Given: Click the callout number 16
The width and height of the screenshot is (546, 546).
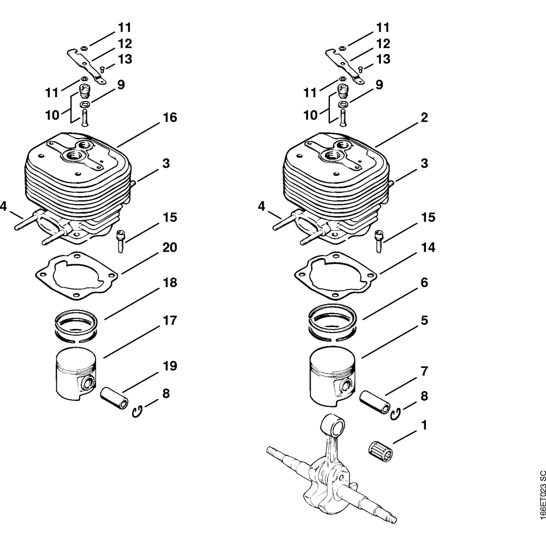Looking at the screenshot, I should (x=170, y=118).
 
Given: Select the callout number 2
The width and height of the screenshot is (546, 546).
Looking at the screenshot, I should (x=424, y=118).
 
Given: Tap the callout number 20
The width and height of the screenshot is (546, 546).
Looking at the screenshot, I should (x=170, y=248).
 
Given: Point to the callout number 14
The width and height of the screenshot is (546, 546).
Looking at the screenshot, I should (x=428, y=248).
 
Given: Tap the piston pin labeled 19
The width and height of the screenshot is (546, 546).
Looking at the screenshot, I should (x=115, y=397).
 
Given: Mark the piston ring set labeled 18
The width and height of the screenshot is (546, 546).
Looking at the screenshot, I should (x=76, y=326).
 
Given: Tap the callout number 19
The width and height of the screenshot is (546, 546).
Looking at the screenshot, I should (x=170, y=366).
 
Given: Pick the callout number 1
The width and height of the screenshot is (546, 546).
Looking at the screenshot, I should (x=424, y=424).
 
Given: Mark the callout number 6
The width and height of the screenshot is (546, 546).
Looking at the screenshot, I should (x=424, y=283).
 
